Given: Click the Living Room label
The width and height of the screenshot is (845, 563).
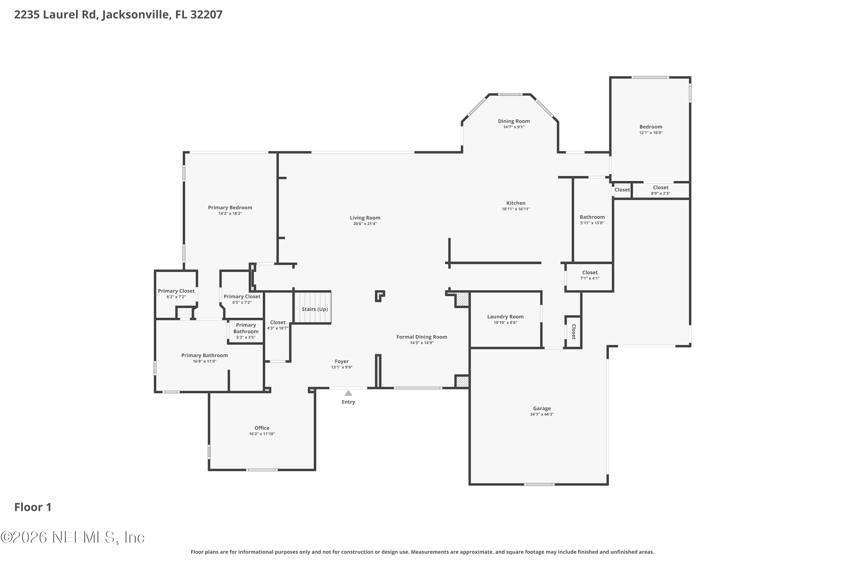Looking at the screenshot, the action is [365, 218].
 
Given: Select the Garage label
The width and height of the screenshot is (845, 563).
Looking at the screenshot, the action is [542, 408].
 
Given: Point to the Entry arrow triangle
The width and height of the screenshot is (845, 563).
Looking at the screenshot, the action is [348, 393].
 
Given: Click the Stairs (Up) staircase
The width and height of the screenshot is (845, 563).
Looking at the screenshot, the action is [313, 307].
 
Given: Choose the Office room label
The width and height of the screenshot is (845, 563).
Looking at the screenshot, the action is [262, 428].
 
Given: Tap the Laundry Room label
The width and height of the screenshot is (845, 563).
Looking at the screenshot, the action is [505, 317].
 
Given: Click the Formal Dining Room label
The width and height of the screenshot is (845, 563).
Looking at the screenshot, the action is [421, 337].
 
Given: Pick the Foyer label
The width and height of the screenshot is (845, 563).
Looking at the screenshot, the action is [342, 361].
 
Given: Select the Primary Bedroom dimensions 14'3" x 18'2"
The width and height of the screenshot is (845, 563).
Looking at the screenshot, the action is [230, 214].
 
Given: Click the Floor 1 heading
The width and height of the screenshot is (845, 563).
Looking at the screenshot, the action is [33, 507].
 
